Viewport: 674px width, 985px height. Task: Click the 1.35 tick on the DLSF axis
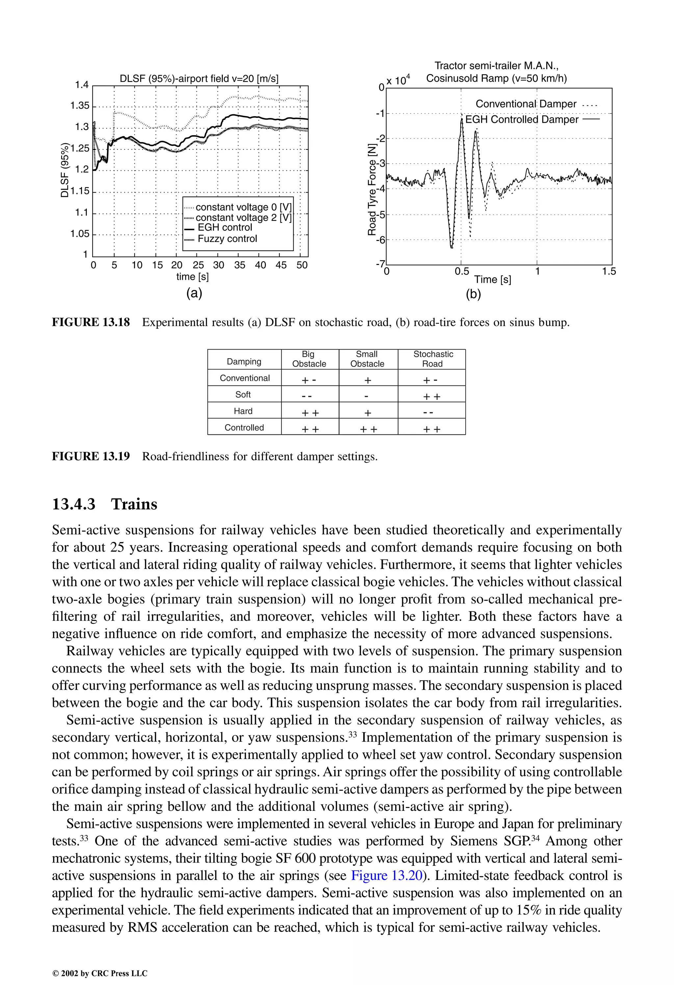coord(80,106)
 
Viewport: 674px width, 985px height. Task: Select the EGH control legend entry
coord(225,228)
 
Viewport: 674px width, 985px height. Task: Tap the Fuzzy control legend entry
coord(227,239)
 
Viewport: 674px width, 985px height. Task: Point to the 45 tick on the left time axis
coord(281,265)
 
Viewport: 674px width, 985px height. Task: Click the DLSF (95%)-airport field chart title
coord(199,79)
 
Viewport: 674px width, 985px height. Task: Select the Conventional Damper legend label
coord(526,104)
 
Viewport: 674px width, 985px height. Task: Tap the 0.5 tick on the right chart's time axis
coord(462,271)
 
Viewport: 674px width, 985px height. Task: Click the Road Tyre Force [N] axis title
coord(372,189)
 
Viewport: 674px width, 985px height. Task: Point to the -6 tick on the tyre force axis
coord(380,240)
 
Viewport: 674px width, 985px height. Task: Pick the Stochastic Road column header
coord(433,359)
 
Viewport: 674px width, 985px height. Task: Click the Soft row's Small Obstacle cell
coord(367,396)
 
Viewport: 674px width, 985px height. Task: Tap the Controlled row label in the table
coord(244,427)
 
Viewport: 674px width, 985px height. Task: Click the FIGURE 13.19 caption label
coord(91,456)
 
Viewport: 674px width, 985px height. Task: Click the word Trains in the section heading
coord(134,504)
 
